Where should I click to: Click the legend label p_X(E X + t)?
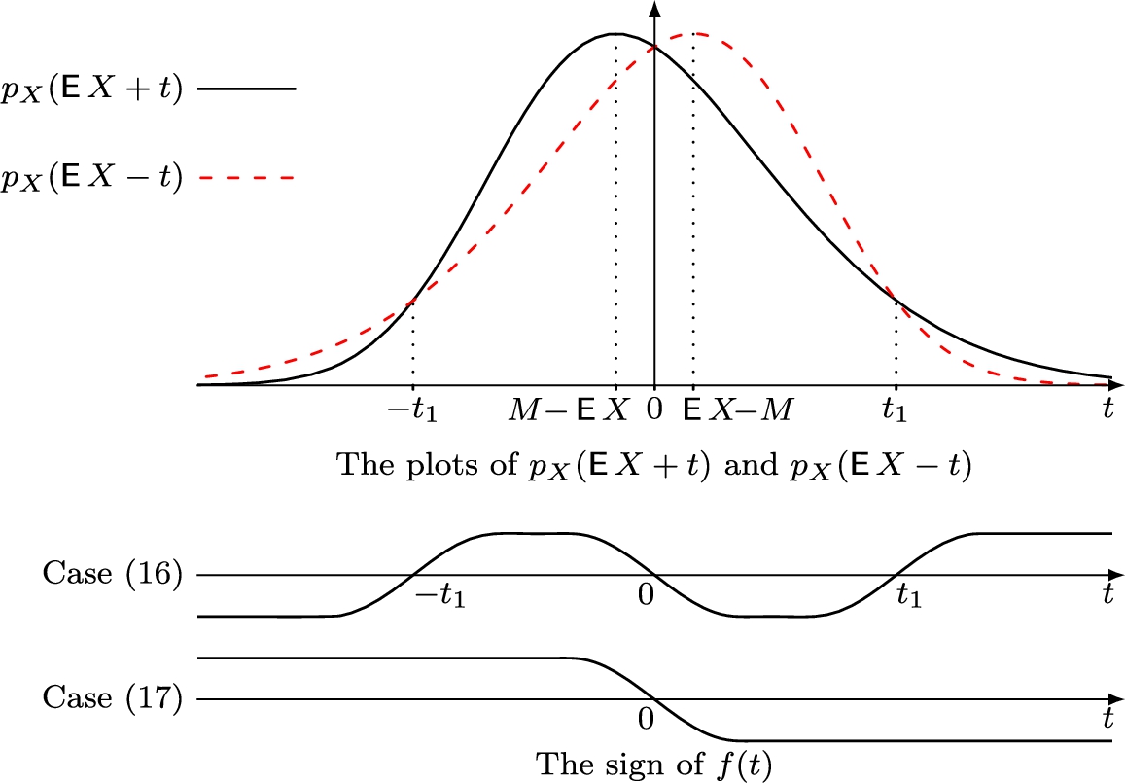(x=92, y=89)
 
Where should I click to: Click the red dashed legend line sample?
(x=246, y=178)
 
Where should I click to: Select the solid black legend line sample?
(x=246, y=89)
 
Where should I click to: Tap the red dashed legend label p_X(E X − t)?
(x=92, y=178)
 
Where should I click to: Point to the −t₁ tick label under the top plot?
(x=412, y=410)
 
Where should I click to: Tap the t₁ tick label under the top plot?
(x=895, y=410)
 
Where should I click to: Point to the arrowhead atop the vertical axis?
(x=654, y=9)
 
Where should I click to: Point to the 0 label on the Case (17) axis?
(x=644, y=720)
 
